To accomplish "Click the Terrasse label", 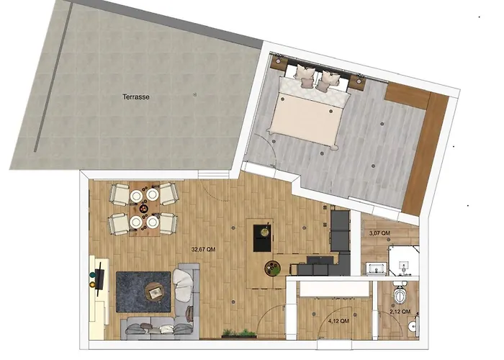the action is point(136,96).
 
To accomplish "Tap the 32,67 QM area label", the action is point(204,249).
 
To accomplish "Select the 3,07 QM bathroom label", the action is point(380,233).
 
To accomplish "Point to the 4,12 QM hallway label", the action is point(338,321).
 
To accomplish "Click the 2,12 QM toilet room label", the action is point(400,312).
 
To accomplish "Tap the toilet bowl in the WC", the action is point(400,294).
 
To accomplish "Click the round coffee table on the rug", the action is point(155,291).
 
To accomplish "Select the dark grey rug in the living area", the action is point(143,292).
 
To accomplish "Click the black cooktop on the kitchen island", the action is point(262,238).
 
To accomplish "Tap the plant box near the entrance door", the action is point(239,333).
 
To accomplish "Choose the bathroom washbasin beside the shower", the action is point(376,269).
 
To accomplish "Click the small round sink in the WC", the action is point(413,326).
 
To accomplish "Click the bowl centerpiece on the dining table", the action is point(144,209).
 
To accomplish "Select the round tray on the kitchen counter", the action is point(273,268).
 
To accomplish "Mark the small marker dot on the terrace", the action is point(195,94).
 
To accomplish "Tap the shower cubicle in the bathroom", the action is point(404,261).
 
